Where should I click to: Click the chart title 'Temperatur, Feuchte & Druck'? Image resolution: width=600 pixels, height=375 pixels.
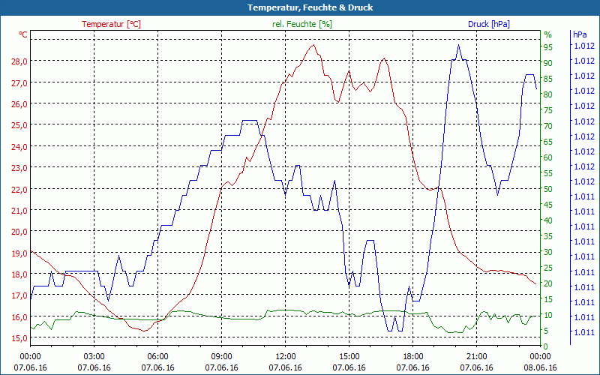point(299,7)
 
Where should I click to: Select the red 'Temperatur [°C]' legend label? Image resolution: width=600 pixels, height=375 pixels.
point(111,24)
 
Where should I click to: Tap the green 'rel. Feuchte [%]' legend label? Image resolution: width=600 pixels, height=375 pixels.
point(301,24)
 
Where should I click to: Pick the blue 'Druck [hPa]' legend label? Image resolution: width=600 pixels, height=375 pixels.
point(488,24)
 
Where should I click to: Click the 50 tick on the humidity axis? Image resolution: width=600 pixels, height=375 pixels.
point(548,188)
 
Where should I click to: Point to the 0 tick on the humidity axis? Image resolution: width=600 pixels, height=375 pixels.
point(546,346)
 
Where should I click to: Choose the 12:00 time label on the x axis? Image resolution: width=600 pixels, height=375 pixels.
point(286,356)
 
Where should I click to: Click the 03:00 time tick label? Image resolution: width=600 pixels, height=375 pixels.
point(94,356)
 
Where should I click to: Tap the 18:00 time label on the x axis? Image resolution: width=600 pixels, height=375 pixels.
point(413,356)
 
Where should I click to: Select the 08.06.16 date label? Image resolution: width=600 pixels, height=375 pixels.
point(541,367)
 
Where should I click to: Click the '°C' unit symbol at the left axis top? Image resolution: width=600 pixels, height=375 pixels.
point(23,34)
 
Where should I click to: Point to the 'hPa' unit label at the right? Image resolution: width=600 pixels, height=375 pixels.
point(580,34)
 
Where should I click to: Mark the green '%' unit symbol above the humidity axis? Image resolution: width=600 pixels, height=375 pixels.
point(547,34)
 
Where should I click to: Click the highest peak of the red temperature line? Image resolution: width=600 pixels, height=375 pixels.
point(313,45)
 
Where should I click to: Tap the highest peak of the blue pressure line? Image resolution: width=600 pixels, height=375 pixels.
point(458,45)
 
